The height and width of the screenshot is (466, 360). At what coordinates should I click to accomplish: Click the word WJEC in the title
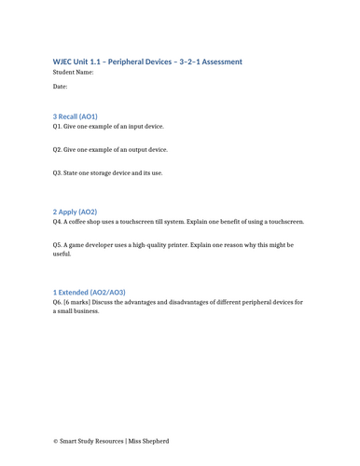pyautogui.click(x=64, y=62)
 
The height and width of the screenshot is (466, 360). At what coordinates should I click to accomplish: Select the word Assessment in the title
pyautogui.click(x=220, y=62)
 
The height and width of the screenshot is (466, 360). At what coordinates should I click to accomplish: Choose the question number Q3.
pyautogui.click(x=58, y=173)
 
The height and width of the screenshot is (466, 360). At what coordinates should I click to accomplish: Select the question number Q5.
pyautogui.click(x=58, y=245)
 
